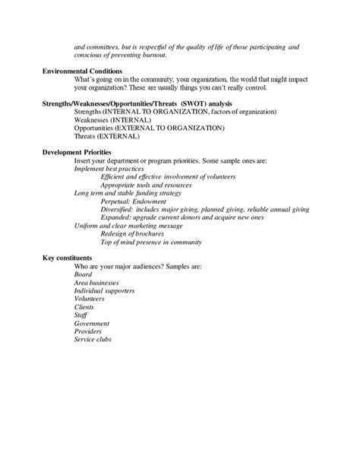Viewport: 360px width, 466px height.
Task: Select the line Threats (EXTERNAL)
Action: click(x=106, y=137)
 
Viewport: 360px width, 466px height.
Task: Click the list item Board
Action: click(x=83, y=274)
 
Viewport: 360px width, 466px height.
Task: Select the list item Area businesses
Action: click(x=99, y=283)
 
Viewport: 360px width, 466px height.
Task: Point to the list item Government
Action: click(x=92, y=323)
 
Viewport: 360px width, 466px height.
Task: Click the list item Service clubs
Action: click(x=93, y=339)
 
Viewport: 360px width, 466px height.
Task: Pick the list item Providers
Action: click(x=90, y=331)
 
